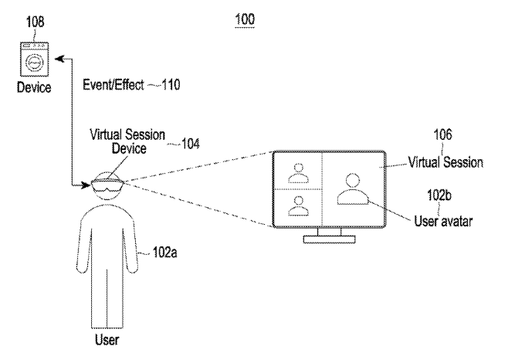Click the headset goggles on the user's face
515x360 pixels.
pyautogui.click(x=107, y=183)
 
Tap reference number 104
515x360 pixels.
pyautogui.click(x=189, y=143)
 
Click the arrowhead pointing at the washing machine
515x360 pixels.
pyautogui.click(x=59, y=57)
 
